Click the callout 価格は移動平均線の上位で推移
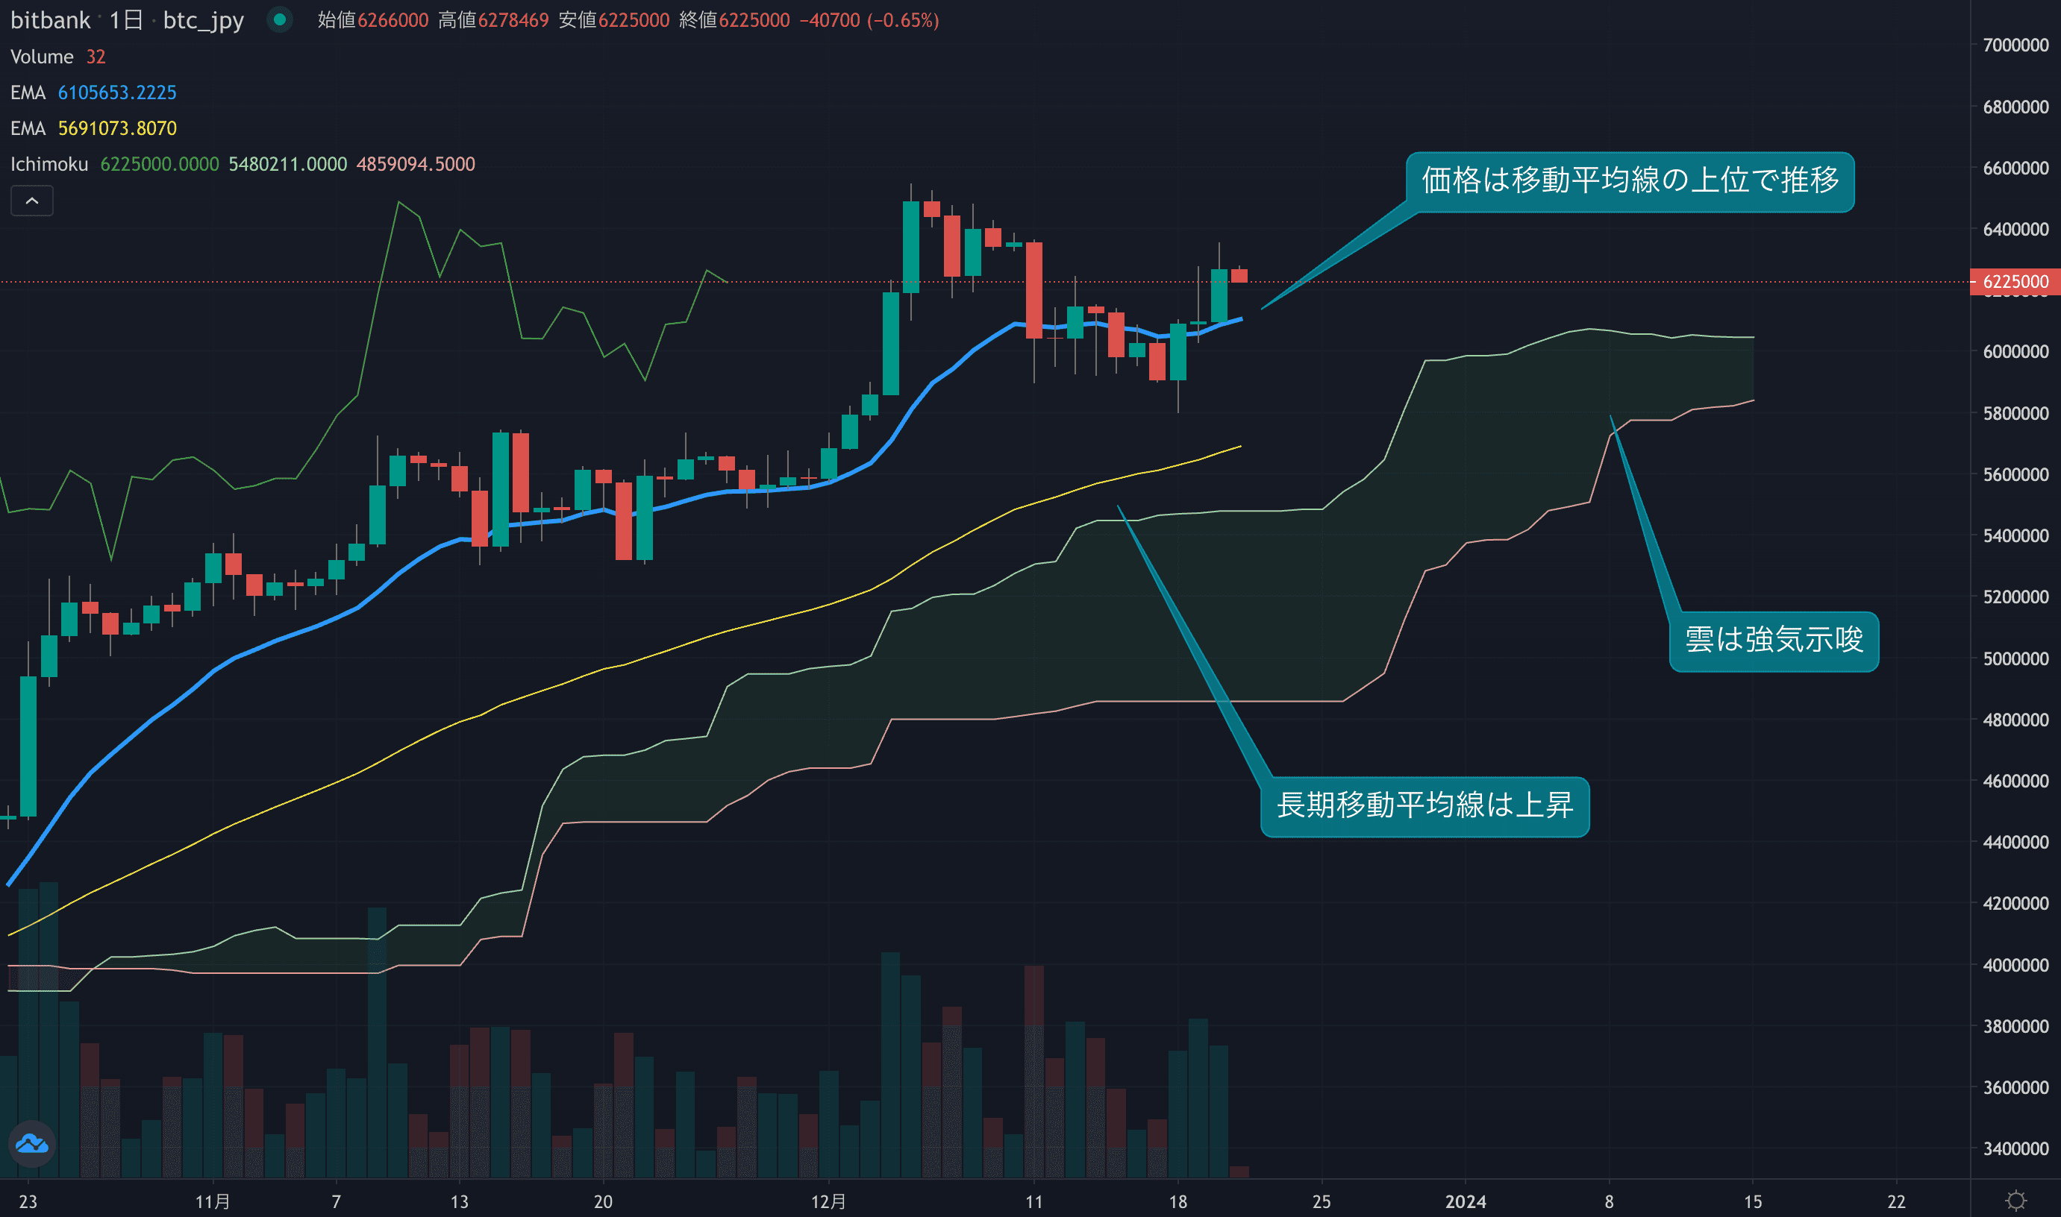1630,181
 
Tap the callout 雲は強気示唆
1774,641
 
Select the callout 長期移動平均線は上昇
1424,806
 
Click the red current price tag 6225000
2014,282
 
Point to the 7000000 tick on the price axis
2014,45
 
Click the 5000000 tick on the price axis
2014,658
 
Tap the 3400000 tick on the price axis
2014,1149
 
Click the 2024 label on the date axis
1466,1201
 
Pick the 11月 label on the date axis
213,1201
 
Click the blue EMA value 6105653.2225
117,92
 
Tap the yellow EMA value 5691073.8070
117,129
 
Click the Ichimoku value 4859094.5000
415,164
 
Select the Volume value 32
96,57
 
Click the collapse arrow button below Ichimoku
32,201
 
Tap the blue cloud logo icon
32,1143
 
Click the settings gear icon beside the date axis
2016,1201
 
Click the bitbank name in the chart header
50,19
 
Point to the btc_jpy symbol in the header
204,19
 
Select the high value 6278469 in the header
513,19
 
